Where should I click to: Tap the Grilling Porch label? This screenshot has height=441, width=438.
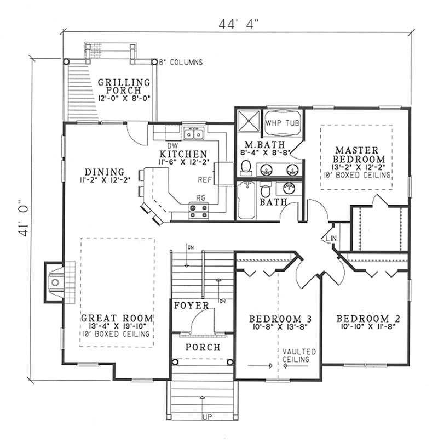[x=124, y=86]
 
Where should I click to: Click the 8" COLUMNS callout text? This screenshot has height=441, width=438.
[x=180, y=63]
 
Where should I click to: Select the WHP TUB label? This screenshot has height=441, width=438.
[x=281, y=122]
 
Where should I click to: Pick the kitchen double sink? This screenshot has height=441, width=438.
[x=194, y=133]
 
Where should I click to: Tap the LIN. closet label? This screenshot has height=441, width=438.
[x=331, y=240]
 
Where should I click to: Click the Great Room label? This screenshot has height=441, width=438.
[x=117, y=318]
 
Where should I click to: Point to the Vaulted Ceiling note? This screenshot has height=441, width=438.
[x=295, y=355]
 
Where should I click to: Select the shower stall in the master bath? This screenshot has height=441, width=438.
[x=248, y=121]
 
